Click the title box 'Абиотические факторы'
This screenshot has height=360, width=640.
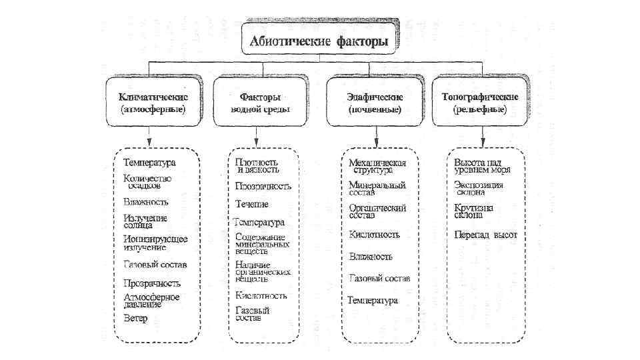[x=319, y=41]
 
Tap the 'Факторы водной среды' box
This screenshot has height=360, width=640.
[x=260, y=102]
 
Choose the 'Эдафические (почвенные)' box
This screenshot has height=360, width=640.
[x=374, y=102]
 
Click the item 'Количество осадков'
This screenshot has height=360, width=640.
[x=147, y=182]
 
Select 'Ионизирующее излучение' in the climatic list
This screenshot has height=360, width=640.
[x=155, y=243]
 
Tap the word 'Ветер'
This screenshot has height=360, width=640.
[x=135, y=318]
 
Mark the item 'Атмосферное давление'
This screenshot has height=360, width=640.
[x=152, y=300]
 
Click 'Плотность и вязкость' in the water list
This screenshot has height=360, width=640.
[x=257, y=165]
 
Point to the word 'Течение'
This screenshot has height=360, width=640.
[x=252, y=203]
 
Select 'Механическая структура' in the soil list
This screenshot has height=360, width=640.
[x=377, y=166]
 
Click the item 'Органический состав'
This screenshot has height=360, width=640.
[x=377, y=211]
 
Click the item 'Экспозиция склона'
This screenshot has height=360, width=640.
[x=479, y=188]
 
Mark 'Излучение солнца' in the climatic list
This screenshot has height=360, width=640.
[x=145, y=221]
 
